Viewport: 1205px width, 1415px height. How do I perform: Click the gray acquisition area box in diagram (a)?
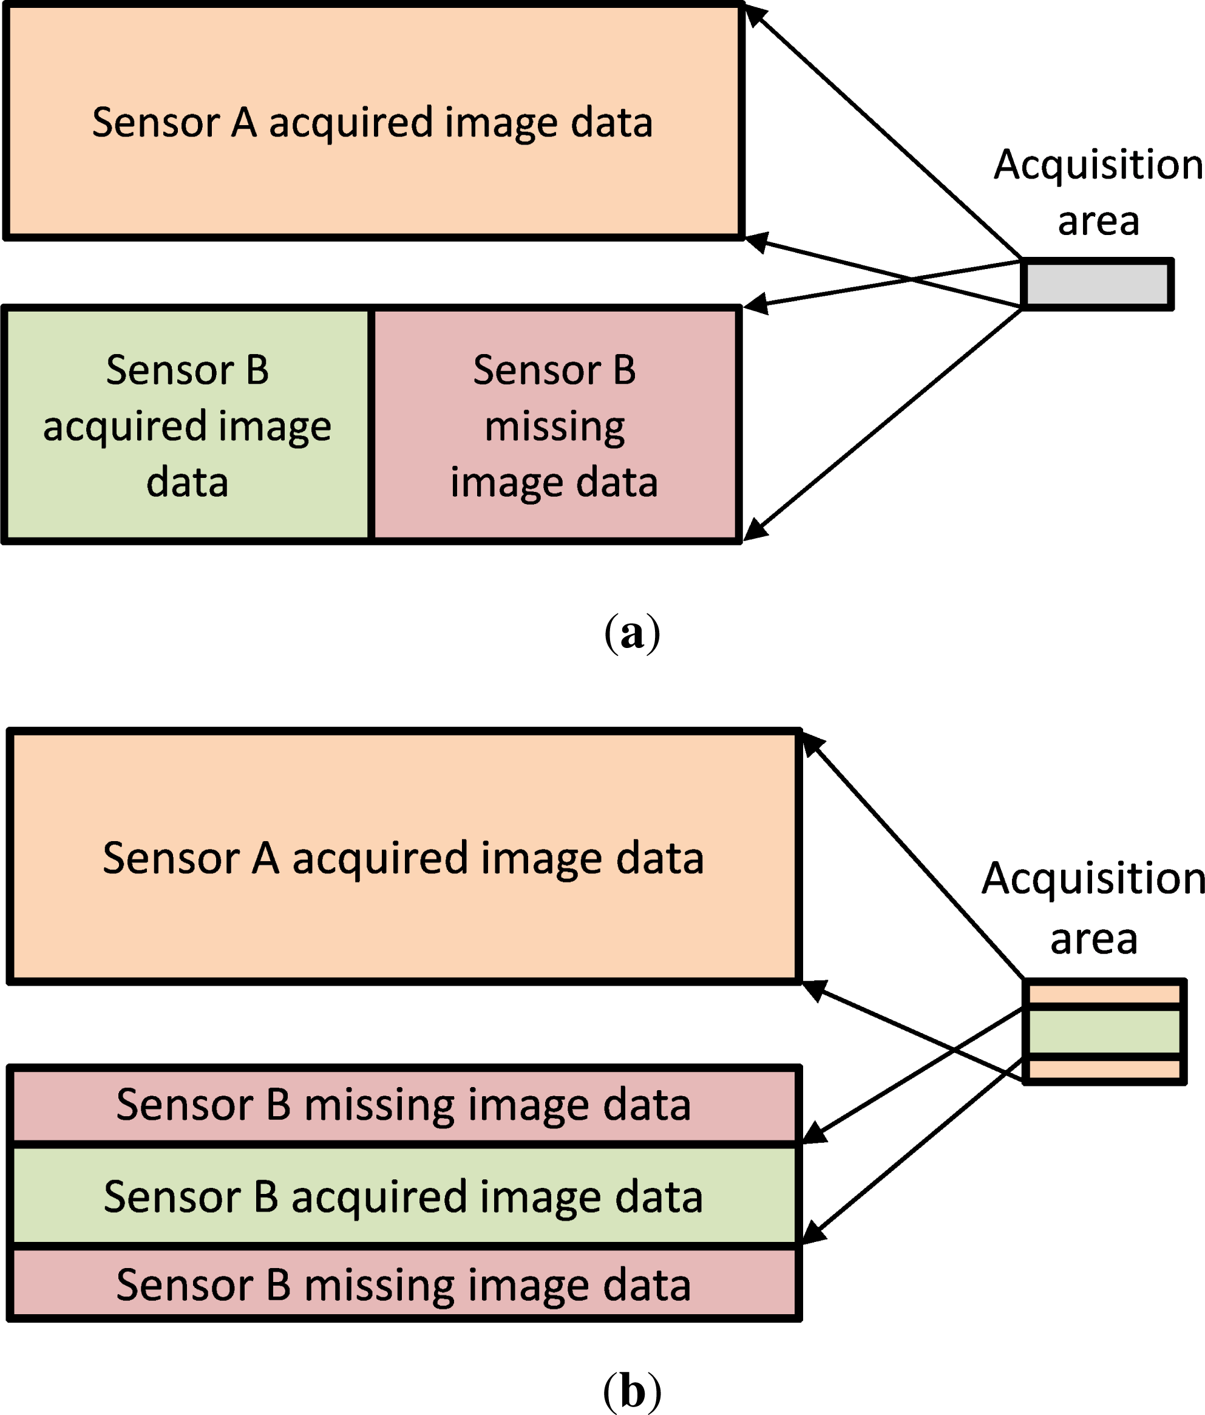[x=1097, y=284]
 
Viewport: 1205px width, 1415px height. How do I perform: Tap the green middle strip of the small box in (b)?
[x=1104, y=1031]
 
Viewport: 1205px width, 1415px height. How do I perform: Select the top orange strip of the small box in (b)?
[x=1104, y=994]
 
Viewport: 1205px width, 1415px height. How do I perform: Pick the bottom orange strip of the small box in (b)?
[x=1104, y=1069]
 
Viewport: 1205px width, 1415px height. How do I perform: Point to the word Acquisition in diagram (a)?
[x=1098, y=165]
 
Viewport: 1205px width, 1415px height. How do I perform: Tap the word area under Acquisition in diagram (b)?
[x=1094, y=939]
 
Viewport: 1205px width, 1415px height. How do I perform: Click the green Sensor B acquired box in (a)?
[x=187, y=424]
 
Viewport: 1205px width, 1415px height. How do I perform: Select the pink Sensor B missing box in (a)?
[x=554, y=424]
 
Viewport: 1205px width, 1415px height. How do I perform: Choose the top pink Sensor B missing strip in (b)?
[x=403, y=1104]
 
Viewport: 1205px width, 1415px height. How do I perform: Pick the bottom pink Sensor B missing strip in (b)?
[x=403, y=1284]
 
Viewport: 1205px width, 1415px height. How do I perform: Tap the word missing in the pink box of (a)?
[x=554, y=427]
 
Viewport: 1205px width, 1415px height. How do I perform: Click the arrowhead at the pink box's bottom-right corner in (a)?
[x=755, y=528]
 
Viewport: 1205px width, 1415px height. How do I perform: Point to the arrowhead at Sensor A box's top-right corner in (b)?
[x=812, y=745]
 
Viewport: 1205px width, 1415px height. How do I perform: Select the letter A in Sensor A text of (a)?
[x=243, y=123]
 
